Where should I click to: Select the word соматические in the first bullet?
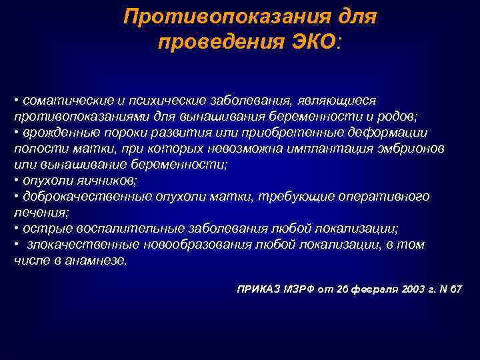click(x=63, y=100)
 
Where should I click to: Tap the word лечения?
click(x=39, y=212)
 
